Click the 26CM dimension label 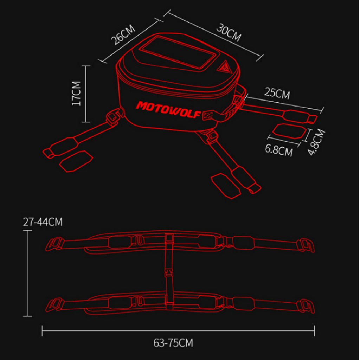[x=123, y=35]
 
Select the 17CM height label [x=76, y=93]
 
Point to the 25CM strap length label [x=277, y=93]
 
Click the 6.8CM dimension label [x=279, y=150]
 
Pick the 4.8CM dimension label [x=316, y=142]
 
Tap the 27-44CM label [x=43, y=222]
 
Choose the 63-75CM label [x=173, y=343]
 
